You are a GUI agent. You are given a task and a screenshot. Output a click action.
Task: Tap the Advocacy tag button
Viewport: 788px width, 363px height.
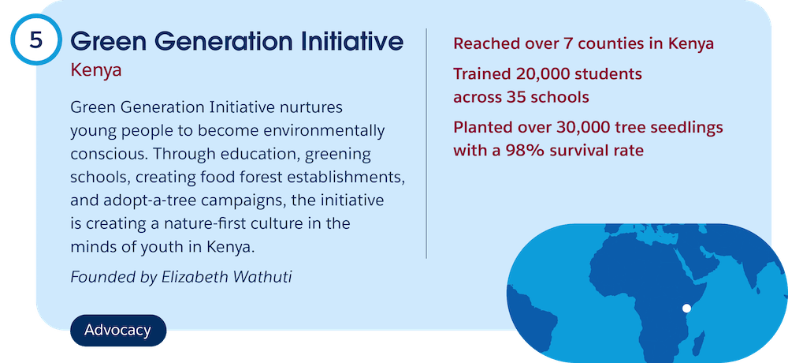coord(118,331)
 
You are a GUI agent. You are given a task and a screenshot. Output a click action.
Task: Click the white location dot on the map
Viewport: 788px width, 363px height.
coord(686,308)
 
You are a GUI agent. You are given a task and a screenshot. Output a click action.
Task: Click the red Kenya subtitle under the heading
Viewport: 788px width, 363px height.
coord(96,70)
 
